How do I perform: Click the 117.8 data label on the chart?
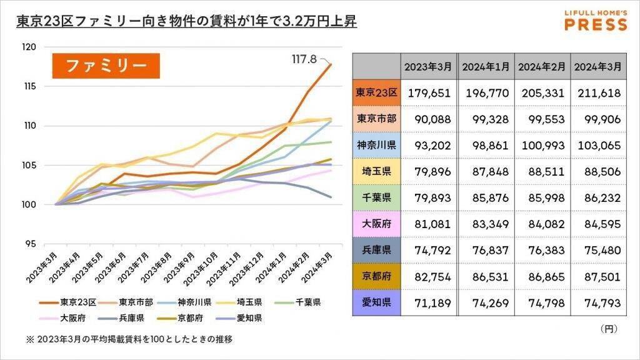305,59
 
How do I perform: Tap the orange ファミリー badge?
106,66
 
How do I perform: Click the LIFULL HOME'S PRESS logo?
596,20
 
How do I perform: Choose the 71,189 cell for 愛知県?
429,302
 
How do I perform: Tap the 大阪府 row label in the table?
376,224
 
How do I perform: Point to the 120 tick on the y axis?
29,47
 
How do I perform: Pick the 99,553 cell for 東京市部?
542,119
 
